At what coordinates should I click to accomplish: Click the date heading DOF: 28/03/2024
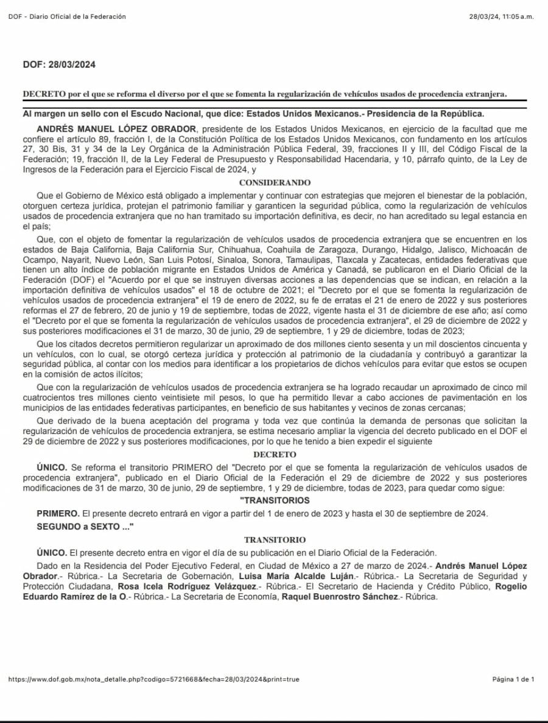(x=59, y=65)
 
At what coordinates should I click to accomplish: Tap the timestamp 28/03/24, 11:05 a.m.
(x=502, y=16)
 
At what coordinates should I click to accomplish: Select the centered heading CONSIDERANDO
(x=275, y=182)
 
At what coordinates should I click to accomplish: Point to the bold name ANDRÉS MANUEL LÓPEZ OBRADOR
(x=117, y=129)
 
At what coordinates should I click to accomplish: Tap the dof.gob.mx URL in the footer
(x=153, y=679)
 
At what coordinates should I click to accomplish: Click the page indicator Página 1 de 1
(x=513, y=679)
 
